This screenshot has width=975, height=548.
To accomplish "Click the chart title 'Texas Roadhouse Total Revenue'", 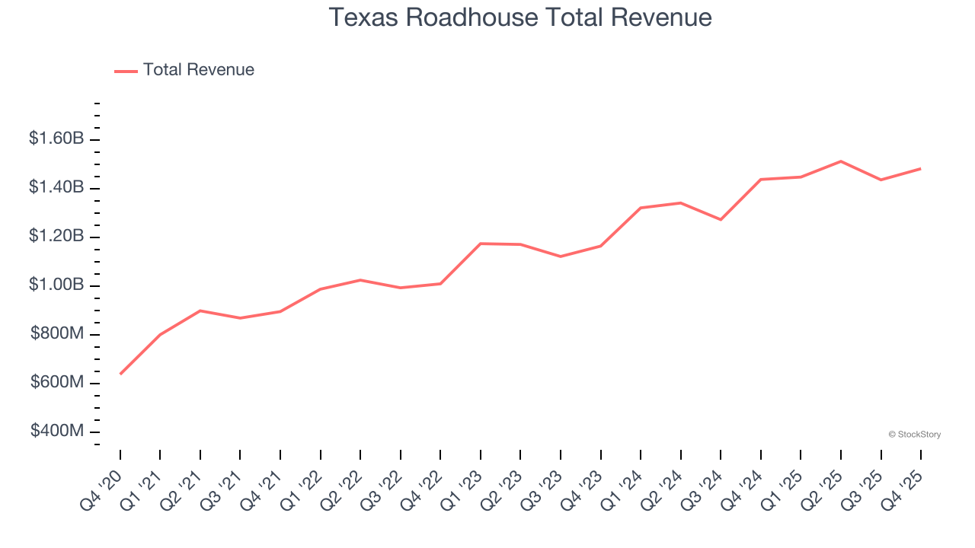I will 520,18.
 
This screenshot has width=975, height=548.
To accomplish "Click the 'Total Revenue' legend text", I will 198,70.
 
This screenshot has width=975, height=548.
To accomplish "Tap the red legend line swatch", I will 126,71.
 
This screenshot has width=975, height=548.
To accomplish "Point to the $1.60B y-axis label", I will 56,139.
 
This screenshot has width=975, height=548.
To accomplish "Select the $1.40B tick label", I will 56,188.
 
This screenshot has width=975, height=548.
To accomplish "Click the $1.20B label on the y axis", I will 56,237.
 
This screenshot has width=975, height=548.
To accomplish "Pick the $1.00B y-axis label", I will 56,285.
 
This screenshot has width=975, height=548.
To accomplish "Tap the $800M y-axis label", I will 58,334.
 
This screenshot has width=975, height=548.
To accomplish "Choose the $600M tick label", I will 58,383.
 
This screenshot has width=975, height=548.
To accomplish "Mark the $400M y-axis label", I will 58,432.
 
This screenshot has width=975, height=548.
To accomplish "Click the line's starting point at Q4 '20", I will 120,374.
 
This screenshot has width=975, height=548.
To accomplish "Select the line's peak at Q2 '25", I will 840,161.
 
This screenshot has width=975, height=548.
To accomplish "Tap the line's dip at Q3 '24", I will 721,219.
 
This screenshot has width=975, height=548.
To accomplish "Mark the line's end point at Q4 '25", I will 920,168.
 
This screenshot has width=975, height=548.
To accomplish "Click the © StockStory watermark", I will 914,435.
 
